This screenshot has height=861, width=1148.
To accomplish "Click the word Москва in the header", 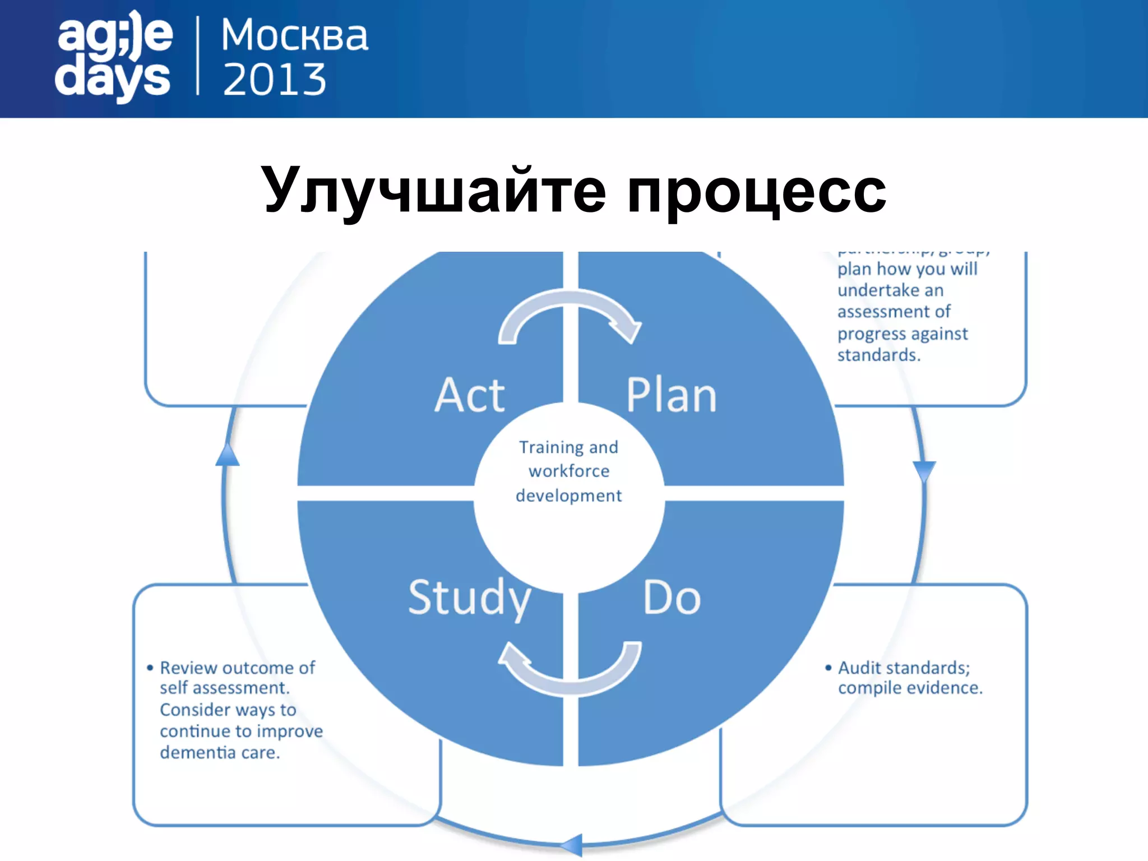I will pyautogui.click(x=294, y=35).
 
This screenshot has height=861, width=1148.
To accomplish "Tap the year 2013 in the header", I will pyautogui.click(x=274, y=79).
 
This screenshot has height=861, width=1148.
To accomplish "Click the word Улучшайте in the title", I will pyautogui.click(x=432, y=191).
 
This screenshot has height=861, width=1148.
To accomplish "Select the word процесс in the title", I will pyautogui.click(x=756, y=191).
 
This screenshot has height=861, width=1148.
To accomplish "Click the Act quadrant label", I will pyautogui.click(x=470, y=395).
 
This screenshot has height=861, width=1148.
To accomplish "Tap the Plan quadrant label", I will pyautogui.click(x=671, y=395).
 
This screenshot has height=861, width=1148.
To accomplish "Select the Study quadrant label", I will pyautogui.click(x=470, y=599).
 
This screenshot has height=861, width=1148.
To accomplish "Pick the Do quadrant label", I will pyautogui.click(x=672, y=598).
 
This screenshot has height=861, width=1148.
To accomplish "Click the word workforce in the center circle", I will pyautogui.click(x=568, y=471).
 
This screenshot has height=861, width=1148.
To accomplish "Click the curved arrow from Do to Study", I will pyautogui.click(x=570, y=670).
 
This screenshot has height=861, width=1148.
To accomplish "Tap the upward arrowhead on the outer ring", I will pyautogui.click(x=228, y=454).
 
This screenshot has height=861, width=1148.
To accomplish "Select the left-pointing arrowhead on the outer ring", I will pyautogui.click(x=572, y=845).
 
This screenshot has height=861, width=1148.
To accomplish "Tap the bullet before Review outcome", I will pyautogui.click(x=150, y=668).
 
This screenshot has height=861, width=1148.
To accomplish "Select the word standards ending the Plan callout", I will pyautogui.click(x=878, y=355).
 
